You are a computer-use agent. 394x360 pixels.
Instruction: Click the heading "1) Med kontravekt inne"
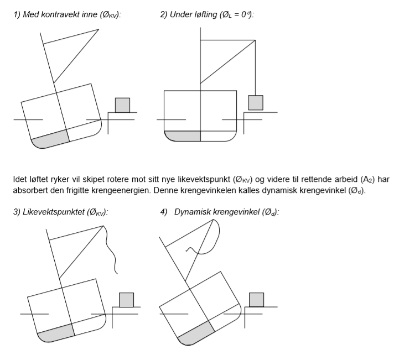pyautogui.click(x=67, y=15)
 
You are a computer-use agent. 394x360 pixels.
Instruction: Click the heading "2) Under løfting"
pyautogui.click(x=207, y=15)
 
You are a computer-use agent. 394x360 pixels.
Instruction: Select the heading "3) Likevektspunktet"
pyautogui.click(x=61, y=212)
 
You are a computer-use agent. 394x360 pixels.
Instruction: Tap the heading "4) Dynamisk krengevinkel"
pyautogui.click(x=219, y=212)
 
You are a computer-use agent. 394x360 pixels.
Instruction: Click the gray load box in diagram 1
pyautogui.click(x=122, y=105)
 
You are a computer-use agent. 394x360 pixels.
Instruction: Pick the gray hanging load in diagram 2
pyautogui.click(x=255, y=102)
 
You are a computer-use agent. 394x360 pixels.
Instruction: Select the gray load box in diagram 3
pyautogui.click(x=127, y=299)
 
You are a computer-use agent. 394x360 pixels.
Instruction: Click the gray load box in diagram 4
pyautogui.click(x=256, y=299)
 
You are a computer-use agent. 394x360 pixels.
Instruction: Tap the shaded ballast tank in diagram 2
pyautogui.click(x=183, y=136)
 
